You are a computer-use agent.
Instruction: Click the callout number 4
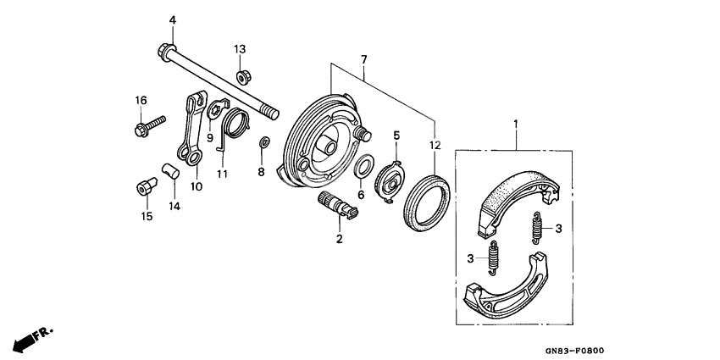172,19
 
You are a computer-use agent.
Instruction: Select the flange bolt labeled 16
141,130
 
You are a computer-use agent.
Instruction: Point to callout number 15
146,217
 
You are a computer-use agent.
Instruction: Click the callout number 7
364,59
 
